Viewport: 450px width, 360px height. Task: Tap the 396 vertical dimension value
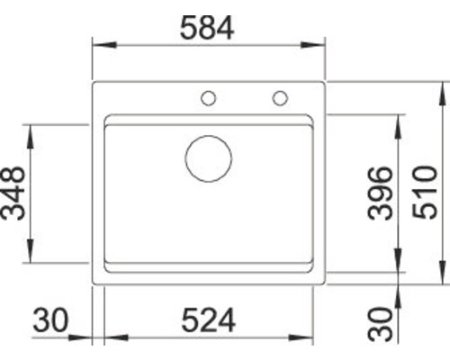(x=381, y=194)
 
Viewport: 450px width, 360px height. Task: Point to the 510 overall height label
(x=427, y=194)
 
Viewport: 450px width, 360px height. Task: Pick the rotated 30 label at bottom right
(x=381, y=323)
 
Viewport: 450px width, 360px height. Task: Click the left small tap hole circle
(x=208, y=97)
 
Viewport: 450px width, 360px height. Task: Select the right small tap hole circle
(x=280, y=97)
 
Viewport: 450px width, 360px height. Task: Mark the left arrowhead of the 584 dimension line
(x=100, y=43)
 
